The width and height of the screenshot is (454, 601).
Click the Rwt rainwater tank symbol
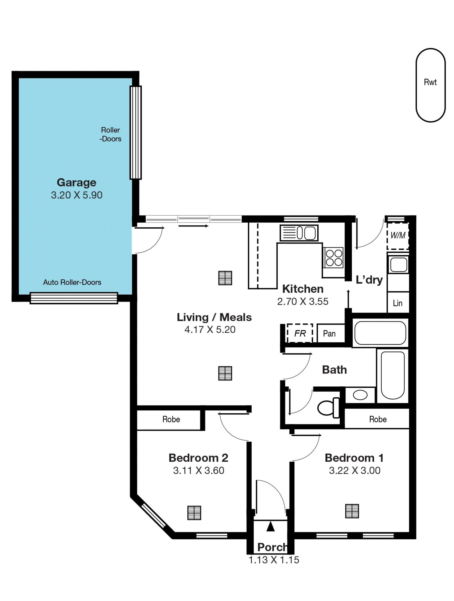pyautogui.click(x=430, y=85)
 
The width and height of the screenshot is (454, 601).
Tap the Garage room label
pyautogui.click(x=76, y=183)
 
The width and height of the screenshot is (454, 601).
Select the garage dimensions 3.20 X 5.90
pyautogui.click(x=77, y=195)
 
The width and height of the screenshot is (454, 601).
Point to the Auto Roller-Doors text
pyautogui.click(x=72, y=282)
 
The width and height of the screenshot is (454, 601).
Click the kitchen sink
pyautogui.click(x=299, y=233)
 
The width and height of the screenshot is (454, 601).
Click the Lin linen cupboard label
pyautogui.click(x=397, y=303)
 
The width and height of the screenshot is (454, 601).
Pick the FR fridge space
pyautogui.click(x=300, y=333)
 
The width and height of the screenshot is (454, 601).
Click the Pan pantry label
pyautogui.click(x=329, y=333)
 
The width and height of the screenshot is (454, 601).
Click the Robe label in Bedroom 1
pyautogui.click(x=378, y=419)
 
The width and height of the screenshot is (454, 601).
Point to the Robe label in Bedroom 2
pyautogui.click(x=171, y=419)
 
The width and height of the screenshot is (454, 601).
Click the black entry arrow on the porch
pyautogui.click(x=271, y=526)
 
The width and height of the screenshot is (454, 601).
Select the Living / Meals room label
pyautogui.click(x=214, y=317)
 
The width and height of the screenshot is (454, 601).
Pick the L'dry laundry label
pyautogui.click(x=369, y=280)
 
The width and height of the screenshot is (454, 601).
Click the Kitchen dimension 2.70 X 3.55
pyautogui.click(x=302, y=302)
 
